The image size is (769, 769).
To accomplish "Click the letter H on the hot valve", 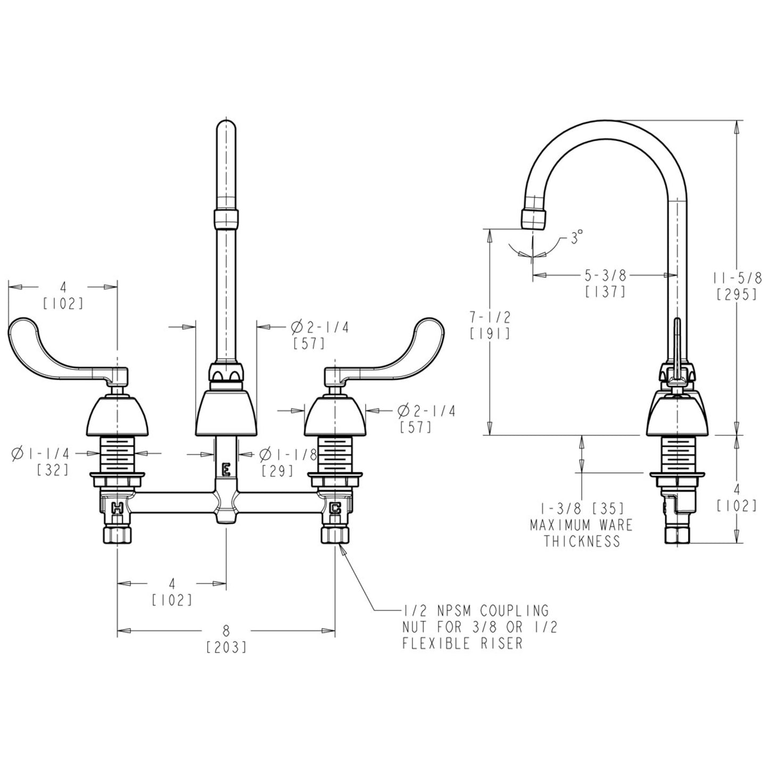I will pyautogui.click(x=117, y=508).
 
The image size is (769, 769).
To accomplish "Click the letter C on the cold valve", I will pyautogui.click(x=335, y=508).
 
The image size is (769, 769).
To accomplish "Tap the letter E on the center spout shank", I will pyautogui.click(x=226, y=469).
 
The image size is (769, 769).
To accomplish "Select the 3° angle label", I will pyautogui.click(x=576, y=237).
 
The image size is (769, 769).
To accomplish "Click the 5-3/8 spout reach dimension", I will pyautogui.click(x=605, y=275).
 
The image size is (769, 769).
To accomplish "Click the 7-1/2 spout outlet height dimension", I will pyautogui.click(x=490, y=318).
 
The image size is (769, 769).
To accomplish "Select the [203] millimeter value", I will pyautogui.click(x=226, y=648).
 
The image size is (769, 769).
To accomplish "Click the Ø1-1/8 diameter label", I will pyautogui.click(x=288, y=454).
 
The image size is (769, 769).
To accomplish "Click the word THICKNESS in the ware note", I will pyautogui.click(x=582, y=541).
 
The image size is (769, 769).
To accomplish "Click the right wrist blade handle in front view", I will pyautogui.click(x=394, y=351).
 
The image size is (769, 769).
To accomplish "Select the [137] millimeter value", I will pyautogui.click(x=605, y=292).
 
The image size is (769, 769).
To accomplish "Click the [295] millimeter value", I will pyautogui.click(x=737, y=294).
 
